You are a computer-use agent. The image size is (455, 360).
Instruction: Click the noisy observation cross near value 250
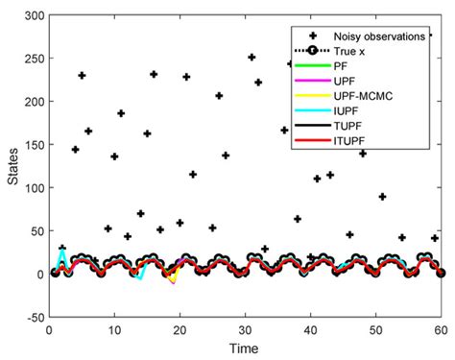pyautogui.click(x=251, y=58)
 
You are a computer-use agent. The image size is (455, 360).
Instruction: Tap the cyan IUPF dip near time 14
pyautogui.click(x=139, y=278)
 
